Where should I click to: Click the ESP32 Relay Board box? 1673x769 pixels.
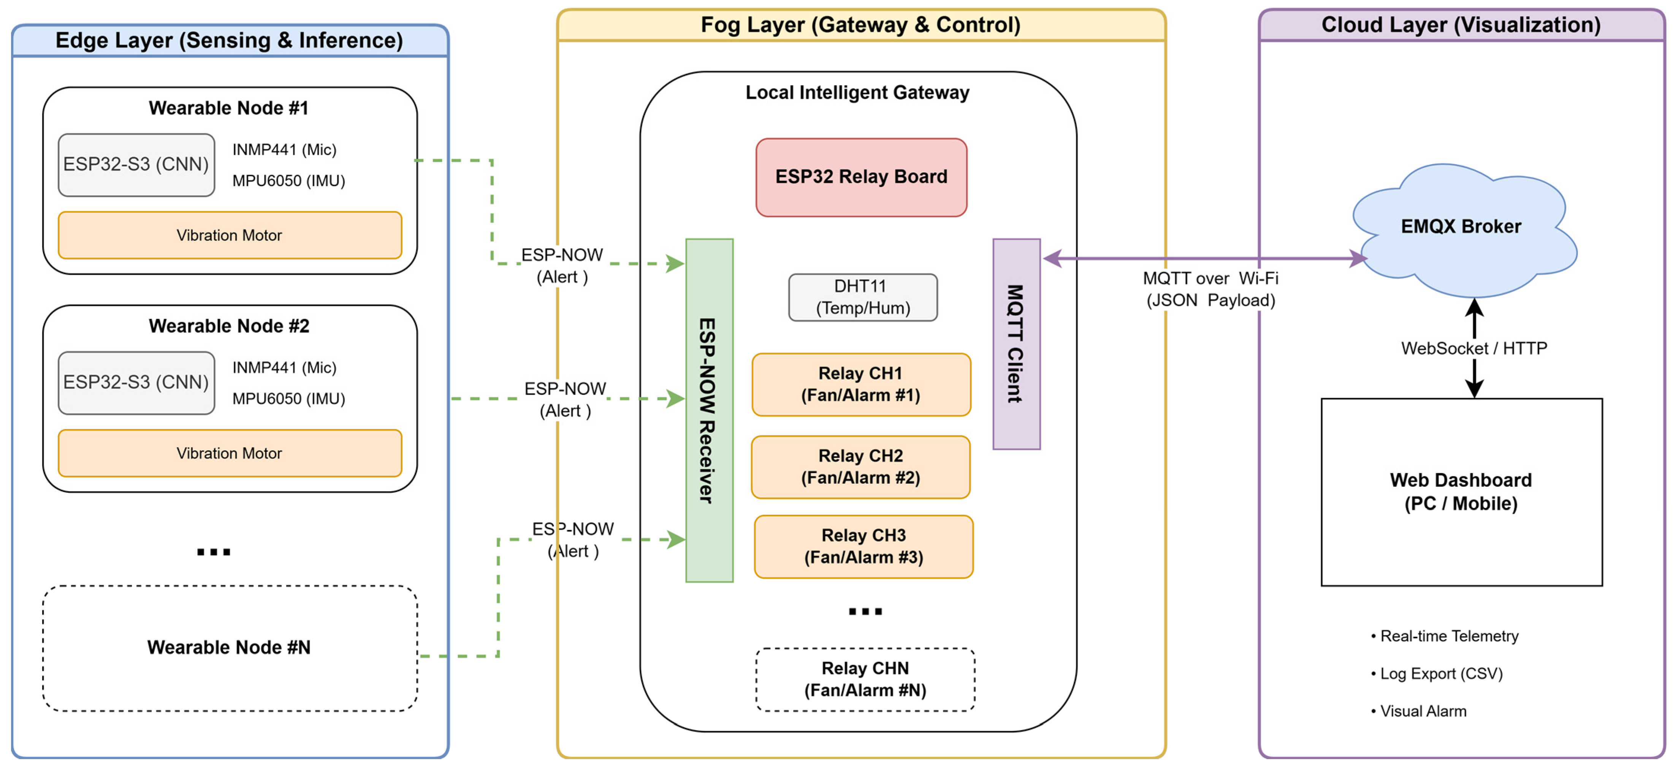click(861, 177)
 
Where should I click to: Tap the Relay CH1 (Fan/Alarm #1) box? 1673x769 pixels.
click(861, 384)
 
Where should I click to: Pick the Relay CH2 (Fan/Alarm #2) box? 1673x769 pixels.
click(860, 467)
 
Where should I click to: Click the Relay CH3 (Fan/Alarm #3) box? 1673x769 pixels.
click(864, 546)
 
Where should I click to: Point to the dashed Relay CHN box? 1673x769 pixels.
click(865, 679)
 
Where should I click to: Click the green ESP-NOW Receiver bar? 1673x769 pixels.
click(709, 410)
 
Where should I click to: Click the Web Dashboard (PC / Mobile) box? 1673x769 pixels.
click(1461, 492)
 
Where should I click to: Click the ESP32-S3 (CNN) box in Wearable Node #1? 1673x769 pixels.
click(136, 165)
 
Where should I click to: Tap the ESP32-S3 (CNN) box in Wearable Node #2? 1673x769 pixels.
click(136, 383)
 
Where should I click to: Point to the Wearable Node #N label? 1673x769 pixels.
click(229, 647)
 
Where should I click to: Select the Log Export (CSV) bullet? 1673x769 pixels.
click(1437, 674)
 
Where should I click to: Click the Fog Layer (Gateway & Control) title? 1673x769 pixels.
click(860, 25)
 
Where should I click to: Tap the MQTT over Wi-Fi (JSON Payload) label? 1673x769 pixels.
click(1210, 289)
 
